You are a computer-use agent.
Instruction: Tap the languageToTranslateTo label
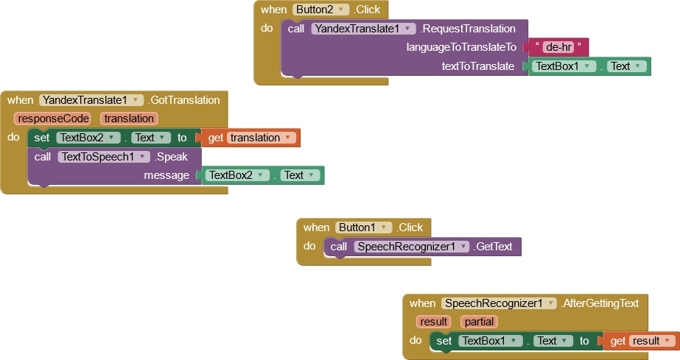pos(461,47)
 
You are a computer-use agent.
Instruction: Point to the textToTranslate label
pos(477,66)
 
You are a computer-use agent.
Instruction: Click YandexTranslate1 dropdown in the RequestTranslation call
pos(365,29)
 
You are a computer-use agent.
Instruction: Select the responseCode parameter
pos(53,119)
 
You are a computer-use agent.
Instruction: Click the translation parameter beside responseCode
pos(129,119)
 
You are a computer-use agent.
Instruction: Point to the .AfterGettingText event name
pos(600,303)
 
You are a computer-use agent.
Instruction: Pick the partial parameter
pos(479,322)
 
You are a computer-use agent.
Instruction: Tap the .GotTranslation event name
pos(184,100)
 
